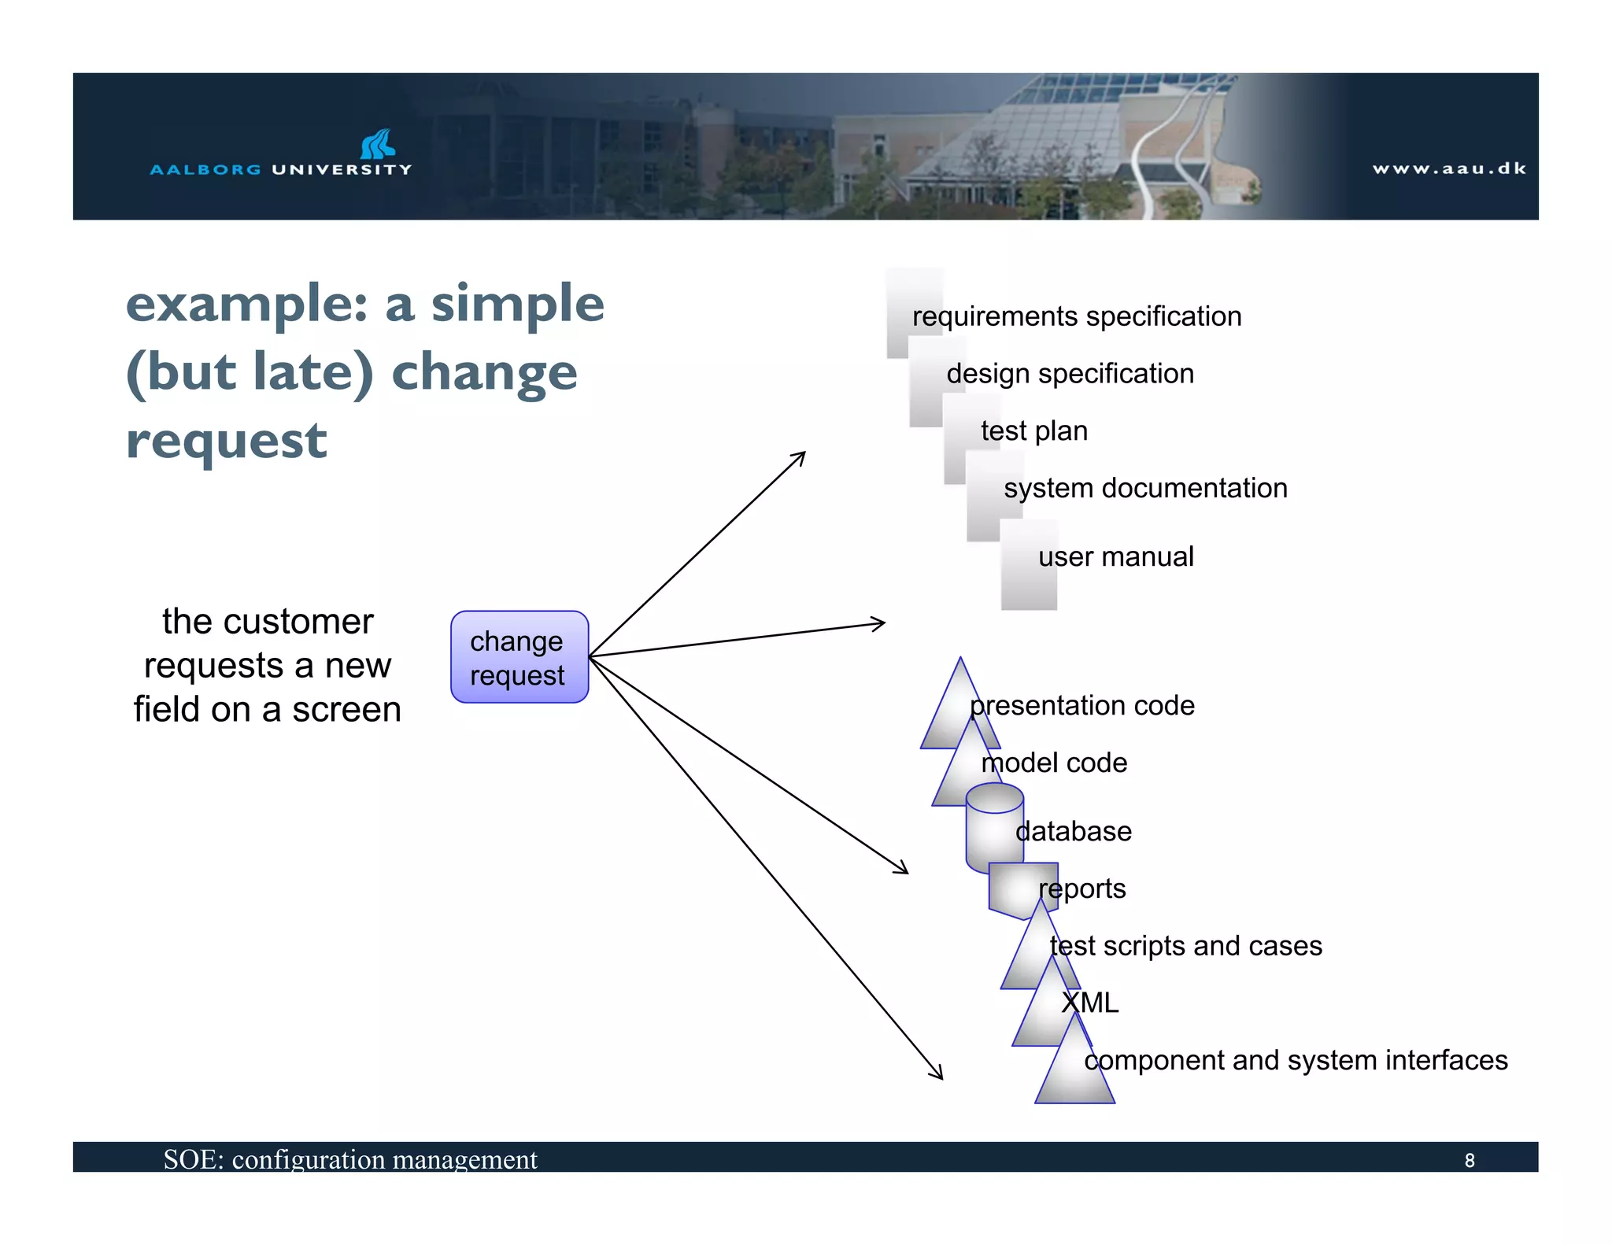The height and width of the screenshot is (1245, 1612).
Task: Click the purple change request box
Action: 519,656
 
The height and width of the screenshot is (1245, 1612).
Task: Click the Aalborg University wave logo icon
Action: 378,144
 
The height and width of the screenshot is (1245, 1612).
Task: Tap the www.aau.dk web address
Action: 1449,168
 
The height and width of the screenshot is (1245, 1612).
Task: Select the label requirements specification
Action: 1076,316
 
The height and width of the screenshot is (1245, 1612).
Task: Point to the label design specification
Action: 1070,374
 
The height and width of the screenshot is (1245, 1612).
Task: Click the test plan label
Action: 1033,431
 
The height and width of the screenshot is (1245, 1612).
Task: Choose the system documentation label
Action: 1145,489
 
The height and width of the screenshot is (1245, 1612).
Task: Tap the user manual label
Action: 1115,557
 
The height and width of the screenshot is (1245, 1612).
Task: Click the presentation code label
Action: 1082,706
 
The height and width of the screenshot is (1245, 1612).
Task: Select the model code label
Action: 1054,763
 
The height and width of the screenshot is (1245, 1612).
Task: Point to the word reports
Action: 1082,889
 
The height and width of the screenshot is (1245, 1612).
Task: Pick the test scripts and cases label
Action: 1185,946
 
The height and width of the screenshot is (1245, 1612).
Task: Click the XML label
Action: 1089,1003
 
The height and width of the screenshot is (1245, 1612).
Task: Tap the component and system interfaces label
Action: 1296,1061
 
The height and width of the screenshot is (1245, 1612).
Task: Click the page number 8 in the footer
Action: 1469,1160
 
